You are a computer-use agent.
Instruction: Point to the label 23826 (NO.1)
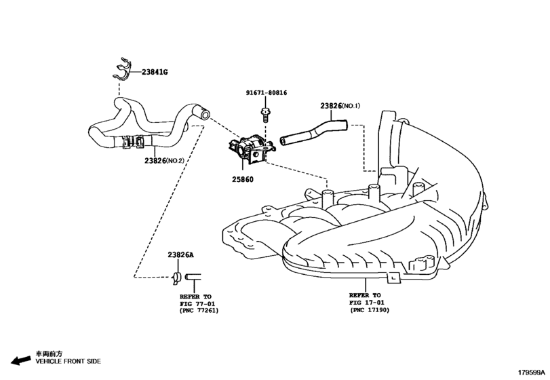(342, 106)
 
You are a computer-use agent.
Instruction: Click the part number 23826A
(180, 254)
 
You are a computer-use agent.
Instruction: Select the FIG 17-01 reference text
(366, 303)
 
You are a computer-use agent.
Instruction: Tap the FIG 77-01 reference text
(196, 303)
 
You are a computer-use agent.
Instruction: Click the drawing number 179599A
(532, 373)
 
